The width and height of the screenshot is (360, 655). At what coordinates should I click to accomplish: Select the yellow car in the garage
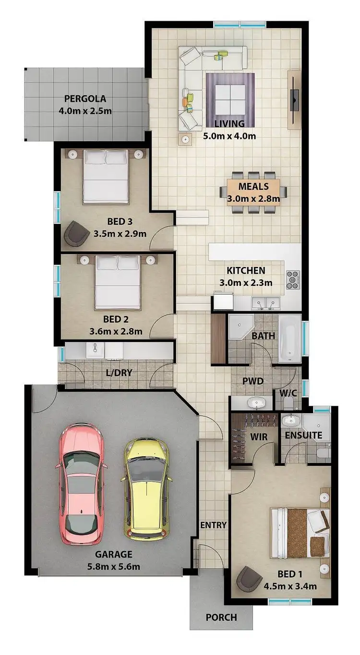coord(146,487)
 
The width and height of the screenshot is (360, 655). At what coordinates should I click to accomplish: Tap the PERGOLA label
coord(85,100)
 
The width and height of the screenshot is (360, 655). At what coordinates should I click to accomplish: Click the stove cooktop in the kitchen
coord(293,279)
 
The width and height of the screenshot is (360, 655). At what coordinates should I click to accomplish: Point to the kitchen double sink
coord(265,303)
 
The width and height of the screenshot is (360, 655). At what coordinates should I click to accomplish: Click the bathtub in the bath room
coord(290,339)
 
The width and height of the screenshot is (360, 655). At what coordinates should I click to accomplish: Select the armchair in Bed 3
coord(75,232)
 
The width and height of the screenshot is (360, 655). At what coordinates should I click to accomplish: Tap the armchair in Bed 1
coord(250,579)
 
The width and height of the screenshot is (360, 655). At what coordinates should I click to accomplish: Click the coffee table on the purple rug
coord(229,98)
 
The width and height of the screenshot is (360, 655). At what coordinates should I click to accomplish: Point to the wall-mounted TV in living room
coord(294,100)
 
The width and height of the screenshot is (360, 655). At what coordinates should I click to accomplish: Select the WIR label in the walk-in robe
coord(258,437)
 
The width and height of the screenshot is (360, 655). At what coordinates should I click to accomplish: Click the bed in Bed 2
coord(118,283)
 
